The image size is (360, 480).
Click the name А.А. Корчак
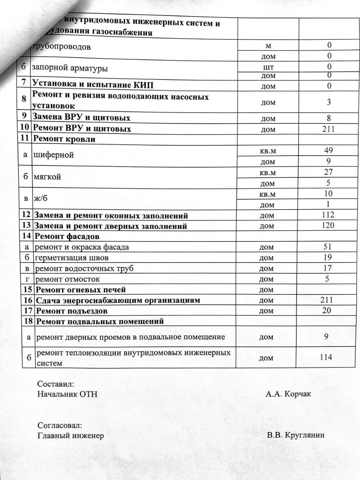coord(288,394)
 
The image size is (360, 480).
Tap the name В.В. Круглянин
coord(296,435)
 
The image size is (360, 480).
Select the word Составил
coord(55,384)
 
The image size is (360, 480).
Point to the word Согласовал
coord(60,426)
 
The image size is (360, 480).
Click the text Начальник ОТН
coord(67,394)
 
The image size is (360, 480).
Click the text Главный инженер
coord(70,435)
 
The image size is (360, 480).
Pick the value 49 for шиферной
coord(328,150)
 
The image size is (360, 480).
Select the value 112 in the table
coord(328,215)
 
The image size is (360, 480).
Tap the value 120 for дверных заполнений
coord(328,225)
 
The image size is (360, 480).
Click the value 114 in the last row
coord(326,357)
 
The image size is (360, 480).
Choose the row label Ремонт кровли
coord(64,139)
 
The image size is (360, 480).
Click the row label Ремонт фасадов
coord(67,237)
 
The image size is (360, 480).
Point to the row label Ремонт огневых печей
coord(81,290)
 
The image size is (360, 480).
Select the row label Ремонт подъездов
coord(72,311)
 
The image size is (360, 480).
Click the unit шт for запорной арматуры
coord(268,67)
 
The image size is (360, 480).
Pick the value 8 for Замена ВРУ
coord(329,118)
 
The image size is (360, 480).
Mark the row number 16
coord(28,300)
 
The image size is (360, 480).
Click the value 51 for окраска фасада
coord(327,247)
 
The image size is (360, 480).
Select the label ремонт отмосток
coord(67,279)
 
